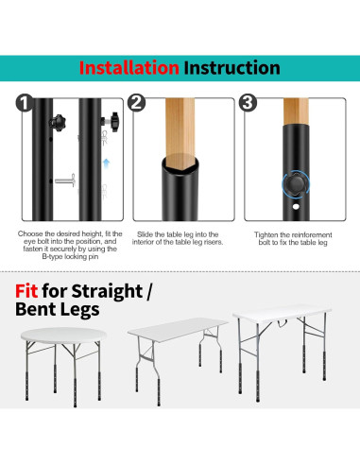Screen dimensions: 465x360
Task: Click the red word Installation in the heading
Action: [129, 68]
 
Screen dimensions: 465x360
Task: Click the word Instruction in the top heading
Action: [231, 68]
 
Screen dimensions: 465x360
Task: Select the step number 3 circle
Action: [249, 104]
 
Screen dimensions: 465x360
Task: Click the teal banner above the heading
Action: [180, 43]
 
